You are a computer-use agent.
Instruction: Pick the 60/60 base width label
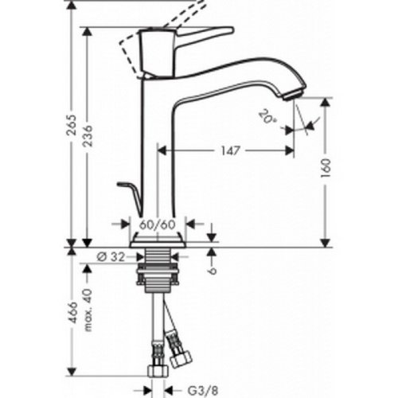[x=157, y=225]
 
